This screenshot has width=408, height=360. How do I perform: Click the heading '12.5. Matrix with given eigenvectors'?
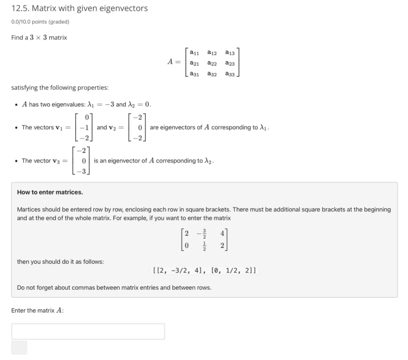(79, 8)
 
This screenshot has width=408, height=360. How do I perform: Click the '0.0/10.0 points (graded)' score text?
(40, 22)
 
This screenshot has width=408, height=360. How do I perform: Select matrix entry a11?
(195, 53)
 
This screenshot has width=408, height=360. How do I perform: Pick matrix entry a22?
(212, 63)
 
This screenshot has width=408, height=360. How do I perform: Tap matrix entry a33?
(230, 74)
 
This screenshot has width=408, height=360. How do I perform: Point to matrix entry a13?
(230, 53)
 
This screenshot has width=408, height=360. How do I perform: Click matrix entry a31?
(195, 74)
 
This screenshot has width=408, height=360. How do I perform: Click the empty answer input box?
(88, 331)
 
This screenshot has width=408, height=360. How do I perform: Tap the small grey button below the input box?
(19, 347)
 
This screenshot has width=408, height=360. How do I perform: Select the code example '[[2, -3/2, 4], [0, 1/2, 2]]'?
(204, 270)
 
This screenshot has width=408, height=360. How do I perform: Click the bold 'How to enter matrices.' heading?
(50, 192)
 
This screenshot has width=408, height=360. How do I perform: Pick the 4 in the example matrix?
(222, 233)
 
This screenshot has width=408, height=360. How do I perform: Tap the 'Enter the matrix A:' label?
(37, 310)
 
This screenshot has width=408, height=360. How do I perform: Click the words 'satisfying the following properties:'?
(60, 88)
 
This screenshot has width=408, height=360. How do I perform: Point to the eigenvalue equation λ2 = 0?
(140, 105)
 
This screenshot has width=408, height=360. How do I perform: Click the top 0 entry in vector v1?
(87, 117)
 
